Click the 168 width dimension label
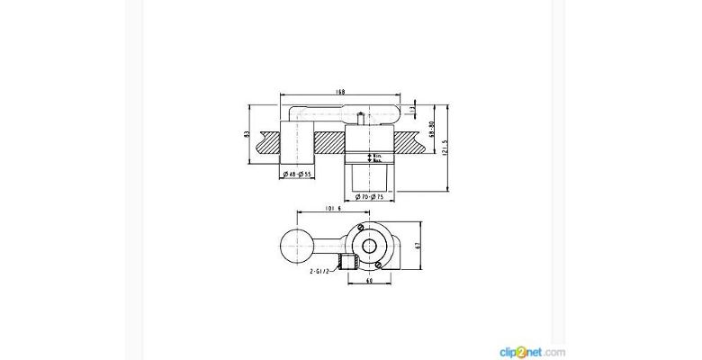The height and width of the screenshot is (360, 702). tap(341, 91)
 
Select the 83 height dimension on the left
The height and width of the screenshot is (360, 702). tap(247, 134)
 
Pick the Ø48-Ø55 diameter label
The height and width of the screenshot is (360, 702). tap(295, 173)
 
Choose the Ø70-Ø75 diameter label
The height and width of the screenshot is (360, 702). tap(369, 195)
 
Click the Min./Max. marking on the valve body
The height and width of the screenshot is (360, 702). tap(379, 158)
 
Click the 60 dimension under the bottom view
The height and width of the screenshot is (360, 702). tap(370, 280)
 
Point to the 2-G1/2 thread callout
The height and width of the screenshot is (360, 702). tap(323, 267)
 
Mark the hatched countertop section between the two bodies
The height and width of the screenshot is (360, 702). tap(328, 142)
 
